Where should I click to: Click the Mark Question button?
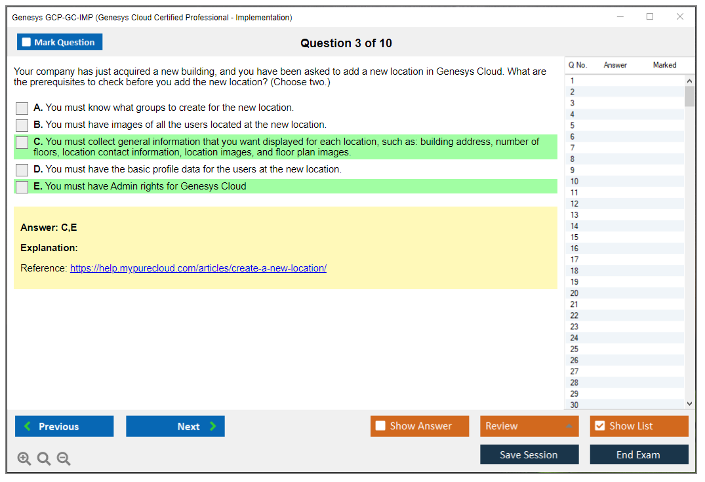[60, 42]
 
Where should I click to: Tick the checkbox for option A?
[22, 108]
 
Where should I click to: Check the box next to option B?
[22, 125]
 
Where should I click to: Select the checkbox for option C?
[22, 142]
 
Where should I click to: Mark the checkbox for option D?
[22, 170]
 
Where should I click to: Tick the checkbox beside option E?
[22, 187]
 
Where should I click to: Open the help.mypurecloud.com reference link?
[198, 268]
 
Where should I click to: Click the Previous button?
[64, 426]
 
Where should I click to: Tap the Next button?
[175, 426]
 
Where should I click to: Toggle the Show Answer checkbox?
[380, 426]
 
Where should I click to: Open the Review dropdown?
[529, 426]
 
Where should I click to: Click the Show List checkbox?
[600, 426]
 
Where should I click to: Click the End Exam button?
[639, 454]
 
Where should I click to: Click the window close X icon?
[680, 16]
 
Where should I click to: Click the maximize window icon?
[650, 16]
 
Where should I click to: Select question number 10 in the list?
[574, 182]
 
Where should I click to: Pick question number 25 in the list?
[574, 350]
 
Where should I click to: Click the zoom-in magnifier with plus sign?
[24, 458]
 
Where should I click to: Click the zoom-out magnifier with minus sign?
[64, 458]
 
